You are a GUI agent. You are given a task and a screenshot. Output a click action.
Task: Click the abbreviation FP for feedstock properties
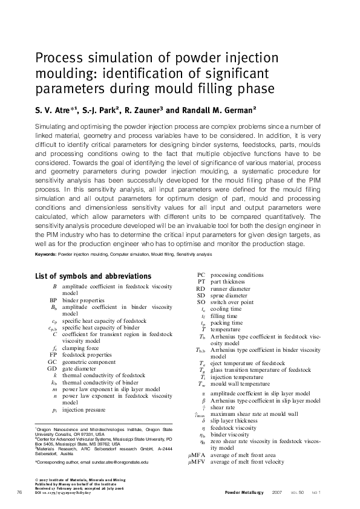tap(53, 355)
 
